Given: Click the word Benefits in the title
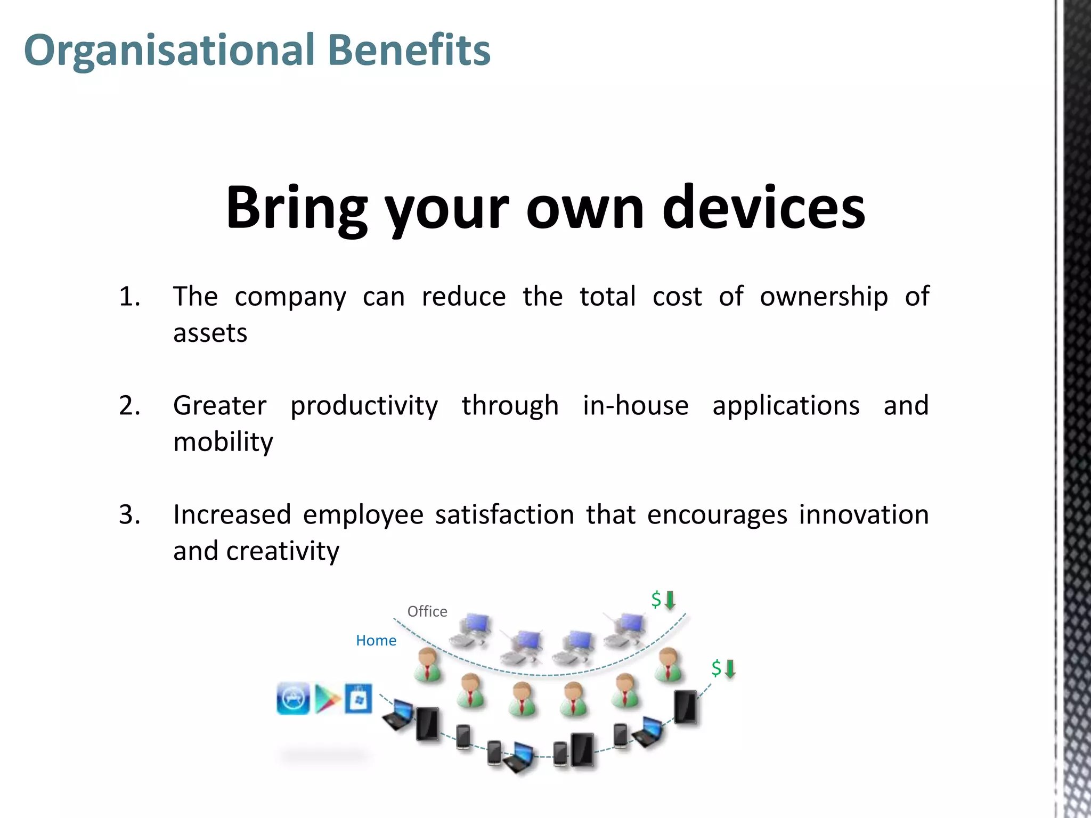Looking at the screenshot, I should (409, 50).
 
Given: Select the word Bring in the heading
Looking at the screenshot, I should (296, 208).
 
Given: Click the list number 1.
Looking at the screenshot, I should (129, 297).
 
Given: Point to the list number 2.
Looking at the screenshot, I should (129, 406).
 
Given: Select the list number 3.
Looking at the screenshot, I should (129, 515).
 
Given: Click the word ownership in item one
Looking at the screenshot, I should (824, 297).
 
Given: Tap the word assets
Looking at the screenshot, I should (210, 333).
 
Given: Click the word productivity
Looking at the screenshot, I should (364, 406).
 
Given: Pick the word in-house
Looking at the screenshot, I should (636, 406).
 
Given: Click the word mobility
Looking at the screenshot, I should (223, 442).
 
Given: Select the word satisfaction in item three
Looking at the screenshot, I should (504, 515).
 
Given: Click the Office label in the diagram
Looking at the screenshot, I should (427, 611).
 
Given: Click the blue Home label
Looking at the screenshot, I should (376, 641).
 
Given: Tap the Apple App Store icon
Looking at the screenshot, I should (293, 698).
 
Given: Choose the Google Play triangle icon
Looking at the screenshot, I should (327, 699).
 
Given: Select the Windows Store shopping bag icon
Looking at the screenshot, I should (358, 699).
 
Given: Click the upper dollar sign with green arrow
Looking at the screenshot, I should (663, 600).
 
